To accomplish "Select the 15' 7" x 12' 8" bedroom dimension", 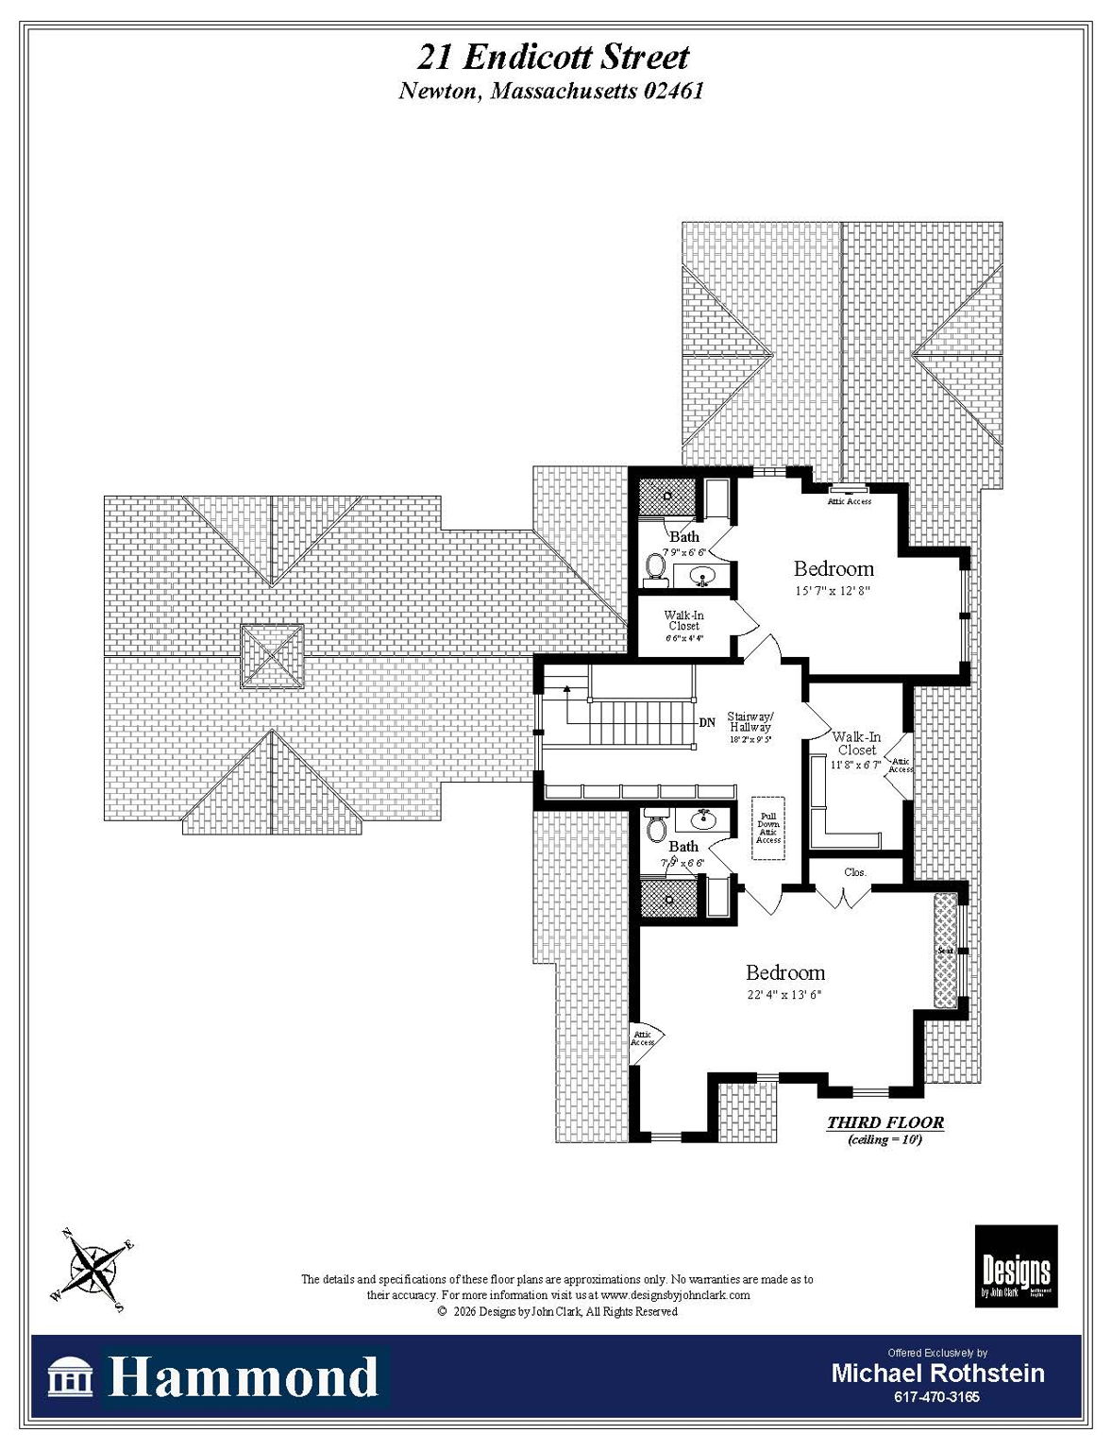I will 832,591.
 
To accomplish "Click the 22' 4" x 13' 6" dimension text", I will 784,995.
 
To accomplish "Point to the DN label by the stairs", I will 707,723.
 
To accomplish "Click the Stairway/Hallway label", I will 750,722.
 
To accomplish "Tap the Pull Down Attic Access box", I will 768,828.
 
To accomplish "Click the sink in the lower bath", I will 704,818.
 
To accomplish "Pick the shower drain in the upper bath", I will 667,496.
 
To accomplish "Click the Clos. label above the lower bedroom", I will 855,872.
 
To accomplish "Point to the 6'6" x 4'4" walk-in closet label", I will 684,638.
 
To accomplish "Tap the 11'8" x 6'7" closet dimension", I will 855,765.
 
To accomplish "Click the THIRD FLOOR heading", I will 885,1122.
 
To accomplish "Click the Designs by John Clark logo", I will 1016,1266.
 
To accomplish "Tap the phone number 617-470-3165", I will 937,1397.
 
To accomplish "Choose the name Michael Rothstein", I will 937,1374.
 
